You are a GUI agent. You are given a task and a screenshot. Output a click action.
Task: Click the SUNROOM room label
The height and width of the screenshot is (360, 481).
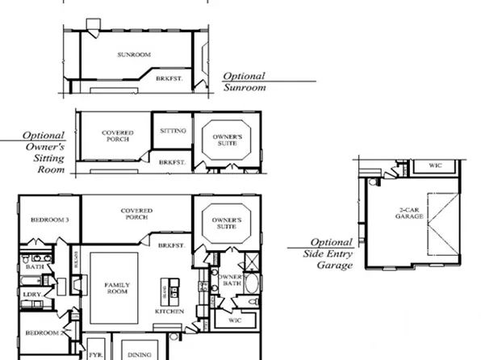134,55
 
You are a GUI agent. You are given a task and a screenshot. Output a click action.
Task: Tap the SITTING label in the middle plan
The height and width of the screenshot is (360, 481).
173,131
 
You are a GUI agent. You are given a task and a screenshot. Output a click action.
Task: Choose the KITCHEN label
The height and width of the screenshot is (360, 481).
169,311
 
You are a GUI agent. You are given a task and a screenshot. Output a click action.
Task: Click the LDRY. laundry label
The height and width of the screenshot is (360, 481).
33,295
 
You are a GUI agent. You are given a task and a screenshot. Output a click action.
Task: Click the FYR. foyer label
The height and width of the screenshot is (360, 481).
95,354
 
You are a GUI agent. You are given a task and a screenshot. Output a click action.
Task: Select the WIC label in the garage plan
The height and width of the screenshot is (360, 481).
435,165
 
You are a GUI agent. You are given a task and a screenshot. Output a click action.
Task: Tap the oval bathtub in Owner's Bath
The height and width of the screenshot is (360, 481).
250,284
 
